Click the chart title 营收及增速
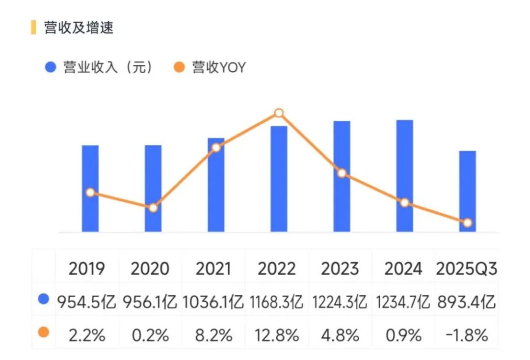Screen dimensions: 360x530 (79, 28)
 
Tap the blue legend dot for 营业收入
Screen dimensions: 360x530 (51, 67)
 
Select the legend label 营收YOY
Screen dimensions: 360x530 (218, 67)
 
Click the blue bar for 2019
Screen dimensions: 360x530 (90, 189)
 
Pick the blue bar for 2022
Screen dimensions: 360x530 (279, 179)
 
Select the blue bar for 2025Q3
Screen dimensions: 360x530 (468, 191)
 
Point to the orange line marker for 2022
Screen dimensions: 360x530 (279, 113)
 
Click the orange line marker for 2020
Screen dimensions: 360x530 (153, 208)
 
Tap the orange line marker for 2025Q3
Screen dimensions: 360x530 (468, 223)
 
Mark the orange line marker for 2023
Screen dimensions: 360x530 (342, 173)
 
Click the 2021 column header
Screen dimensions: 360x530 (213, 269)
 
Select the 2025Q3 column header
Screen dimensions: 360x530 (466, 269)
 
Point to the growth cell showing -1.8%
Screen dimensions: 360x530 (466, 335)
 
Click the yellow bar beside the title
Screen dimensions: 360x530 (33, 28)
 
